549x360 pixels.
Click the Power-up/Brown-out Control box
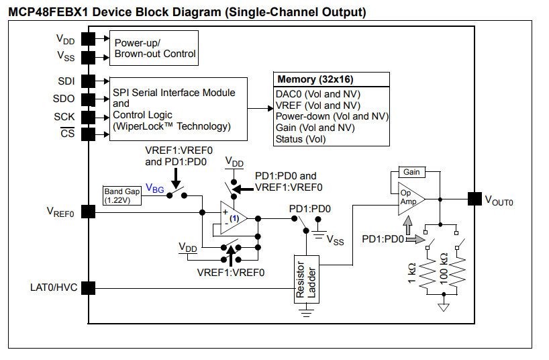154,48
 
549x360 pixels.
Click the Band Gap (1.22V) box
122,195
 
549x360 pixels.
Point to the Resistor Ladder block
305,279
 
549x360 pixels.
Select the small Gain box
411,172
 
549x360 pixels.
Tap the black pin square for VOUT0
474,198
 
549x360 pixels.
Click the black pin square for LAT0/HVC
88,288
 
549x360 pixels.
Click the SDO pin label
66,99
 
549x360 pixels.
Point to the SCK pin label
65,116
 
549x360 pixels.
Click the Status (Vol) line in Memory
300,139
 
